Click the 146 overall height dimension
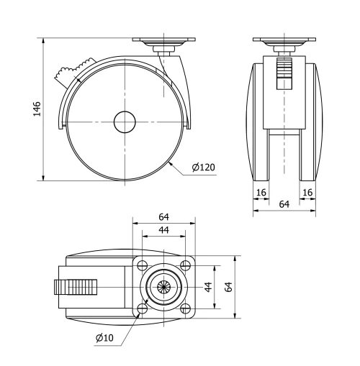click(x=37, y=108)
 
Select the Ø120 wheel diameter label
click(x=204, y=168)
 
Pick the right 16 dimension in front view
click(x=307, y=193)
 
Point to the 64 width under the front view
click(x=284, y=205)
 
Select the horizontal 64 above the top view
click(x=163, y=216)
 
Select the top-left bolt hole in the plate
click(x=142, y=264)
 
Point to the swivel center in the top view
click(x=164, y=286)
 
